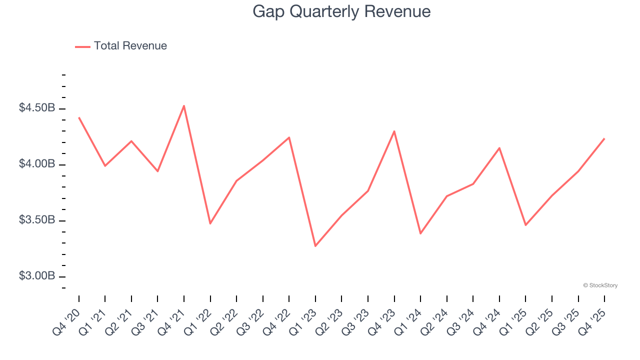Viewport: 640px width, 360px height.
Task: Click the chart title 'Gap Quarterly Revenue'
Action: [x=341, y=11]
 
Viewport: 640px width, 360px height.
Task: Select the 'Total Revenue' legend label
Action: [x=130, y=46]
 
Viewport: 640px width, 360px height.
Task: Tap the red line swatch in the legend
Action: [x=82, y=46]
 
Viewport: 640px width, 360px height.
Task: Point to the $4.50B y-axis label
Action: [x=37, y=108]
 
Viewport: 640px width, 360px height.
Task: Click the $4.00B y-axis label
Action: [x=37, y=164]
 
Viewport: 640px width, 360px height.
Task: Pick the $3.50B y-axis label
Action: [x=37, y=220]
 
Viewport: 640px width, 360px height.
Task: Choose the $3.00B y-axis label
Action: [x=37, y=276]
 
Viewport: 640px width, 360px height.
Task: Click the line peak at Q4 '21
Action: [x=184, y=106]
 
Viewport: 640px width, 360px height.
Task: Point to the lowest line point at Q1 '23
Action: [x=315, y=246]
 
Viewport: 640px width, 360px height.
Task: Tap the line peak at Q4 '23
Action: [x=394, y=131]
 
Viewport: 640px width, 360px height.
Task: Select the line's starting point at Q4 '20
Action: [x=79, y=117]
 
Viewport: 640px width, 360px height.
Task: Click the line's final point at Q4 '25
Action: [x=604, y=138]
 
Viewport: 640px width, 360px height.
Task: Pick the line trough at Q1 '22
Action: [x=210, y=223]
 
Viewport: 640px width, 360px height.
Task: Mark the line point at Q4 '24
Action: [x=499, y=148]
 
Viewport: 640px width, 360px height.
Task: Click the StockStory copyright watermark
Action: [x=600, y=285]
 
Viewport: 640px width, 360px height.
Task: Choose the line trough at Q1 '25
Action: [x=525, y=225]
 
